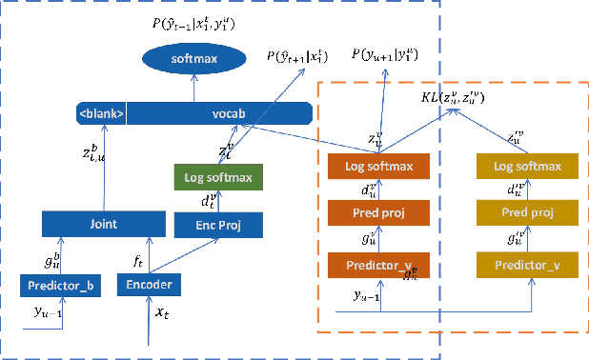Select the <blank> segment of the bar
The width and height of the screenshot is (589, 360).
(100, 113)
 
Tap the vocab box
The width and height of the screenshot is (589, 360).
(220, 113)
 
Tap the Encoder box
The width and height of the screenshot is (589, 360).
(148, 284)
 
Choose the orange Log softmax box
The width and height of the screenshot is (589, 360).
(379, 167)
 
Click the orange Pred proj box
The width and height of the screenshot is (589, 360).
(379, 212)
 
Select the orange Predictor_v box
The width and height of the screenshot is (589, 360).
(379, 263)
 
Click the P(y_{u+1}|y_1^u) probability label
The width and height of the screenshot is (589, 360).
(386, 53)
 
